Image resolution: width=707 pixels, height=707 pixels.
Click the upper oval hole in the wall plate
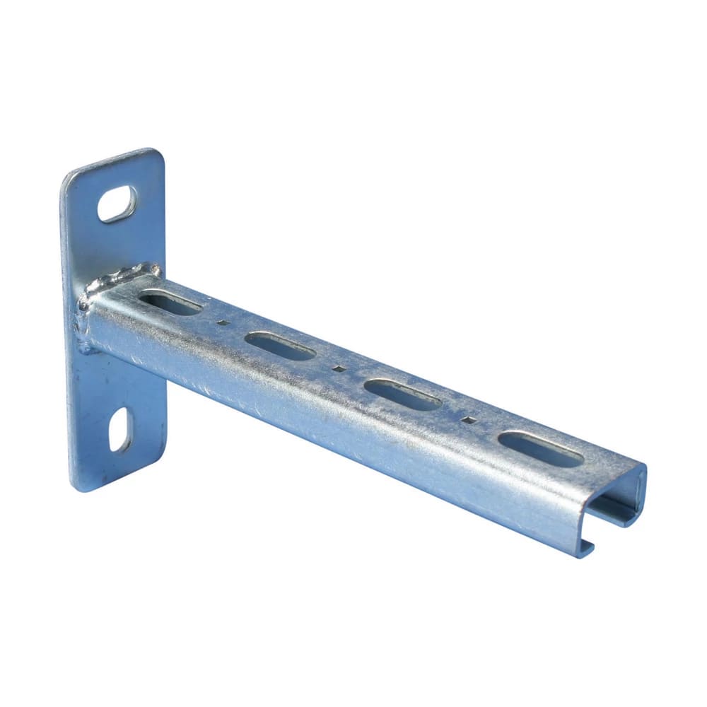pyautogui.click(x=117, y=204)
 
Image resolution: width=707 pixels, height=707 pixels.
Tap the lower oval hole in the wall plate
pyautogui.click(x=120, y=429)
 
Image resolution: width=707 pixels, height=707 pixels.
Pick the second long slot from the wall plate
pyautogui.click(x=280, y=346)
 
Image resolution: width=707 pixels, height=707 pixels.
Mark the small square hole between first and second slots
pyautogui.click(x=223, y=322)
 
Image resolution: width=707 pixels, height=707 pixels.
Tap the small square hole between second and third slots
pyautogui.click(x=339, y=368)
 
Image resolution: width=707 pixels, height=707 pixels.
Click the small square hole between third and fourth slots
pyautogui.click(x=467, y=419)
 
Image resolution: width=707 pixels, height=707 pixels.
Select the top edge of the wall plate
pyautogui.click(x=110, y=160)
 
